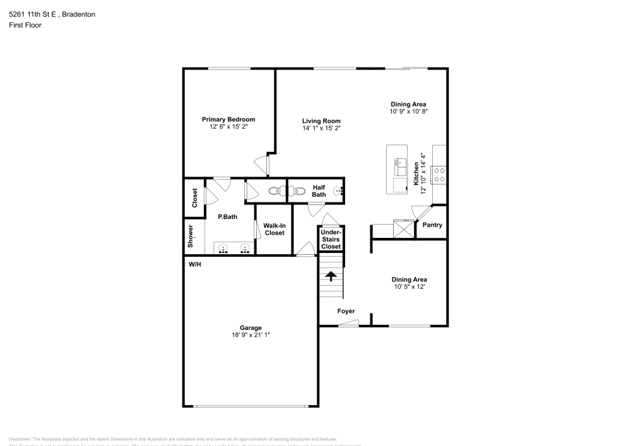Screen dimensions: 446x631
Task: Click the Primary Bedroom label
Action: [228, 119]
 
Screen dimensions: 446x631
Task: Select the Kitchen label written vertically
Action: [416, 173]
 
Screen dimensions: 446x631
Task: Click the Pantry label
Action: [432, 225]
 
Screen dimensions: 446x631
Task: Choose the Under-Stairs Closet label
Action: [331, 239]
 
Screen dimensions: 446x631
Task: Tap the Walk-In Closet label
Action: [274, 229]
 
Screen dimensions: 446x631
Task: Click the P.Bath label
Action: [227, 217]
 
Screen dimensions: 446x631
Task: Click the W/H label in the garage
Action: [194, 264]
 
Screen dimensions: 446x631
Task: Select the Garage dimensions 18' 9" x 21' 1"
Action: [251, 335]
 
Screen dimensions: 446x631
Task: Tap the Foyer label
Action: [346, 311]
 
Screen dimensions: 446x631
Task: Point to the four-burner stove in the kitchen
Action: [439, 174]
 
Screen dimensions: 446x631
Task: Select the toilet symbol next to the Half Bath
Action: [276, 191]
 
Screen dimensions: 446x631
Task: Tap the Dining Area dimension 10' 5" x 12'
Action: [409, 287]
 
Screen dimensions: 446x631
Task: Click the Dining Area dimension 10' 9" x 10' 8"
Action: [408, 112]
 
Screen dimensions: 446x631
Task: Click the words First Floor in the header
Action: [25, 25]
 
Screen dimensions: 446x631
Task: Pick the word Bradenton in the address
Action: [76, 13]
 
